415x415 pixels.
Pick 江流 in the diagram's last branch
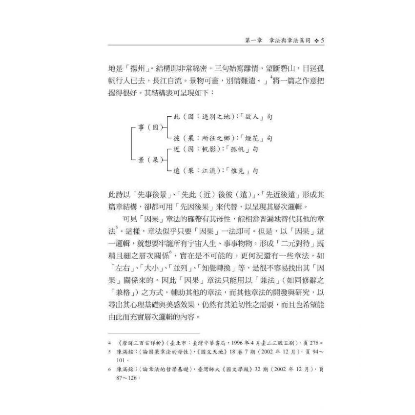tap(205, 170)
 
